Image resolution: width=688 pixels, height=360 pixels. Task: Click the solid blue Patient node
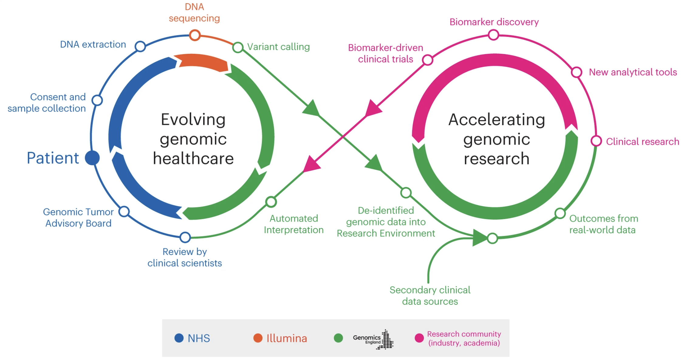point(92,158)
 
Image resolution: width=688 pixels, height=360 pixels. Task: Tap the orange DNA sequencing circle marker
point(195,35)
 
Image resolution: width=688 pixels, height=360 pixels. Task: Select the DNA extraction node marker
point(140,46)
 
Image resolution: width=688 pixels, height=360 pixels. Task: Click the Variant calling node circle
point(238,47)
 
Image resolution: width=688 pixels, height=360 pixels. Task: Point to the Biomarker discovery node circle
point(494,35)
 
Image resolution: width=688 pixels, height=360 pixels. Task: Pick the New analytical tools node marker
point(576,72)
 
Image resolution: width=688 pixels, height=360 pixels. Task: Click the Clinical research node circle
point(596,141)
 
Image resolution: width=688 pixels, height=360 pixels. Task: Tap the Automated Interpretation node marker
point(271,202)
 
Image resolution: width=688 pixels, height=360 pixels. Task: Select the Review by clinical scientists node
point(185,237)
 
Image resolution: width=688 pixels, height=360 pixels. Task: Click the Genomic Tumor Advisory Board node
point(124,211)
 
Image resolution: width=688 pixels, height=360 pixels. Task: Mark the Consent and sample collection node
point(97,100)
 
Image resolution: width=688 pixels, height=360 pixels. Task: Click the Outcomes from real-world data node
point(560,213)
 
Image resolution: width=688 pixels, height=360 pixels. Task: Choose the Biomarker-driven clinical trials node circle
point(427,60)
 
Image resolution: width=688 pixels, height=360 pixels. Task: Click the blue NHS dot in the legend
point(179,338)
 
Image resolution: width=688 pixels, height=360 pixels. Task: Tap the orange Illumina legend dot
point(258,338)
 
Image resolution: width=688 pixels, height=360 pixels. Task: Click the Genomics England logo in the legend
point(373,339)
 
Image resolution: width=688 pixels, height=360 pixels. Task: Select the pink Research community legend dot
point(419,338)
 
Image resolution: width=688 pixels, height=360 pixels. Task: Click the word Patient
point(53,158)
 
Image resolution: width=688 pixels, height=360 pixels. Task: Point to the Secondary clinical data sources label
point(430,296)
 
